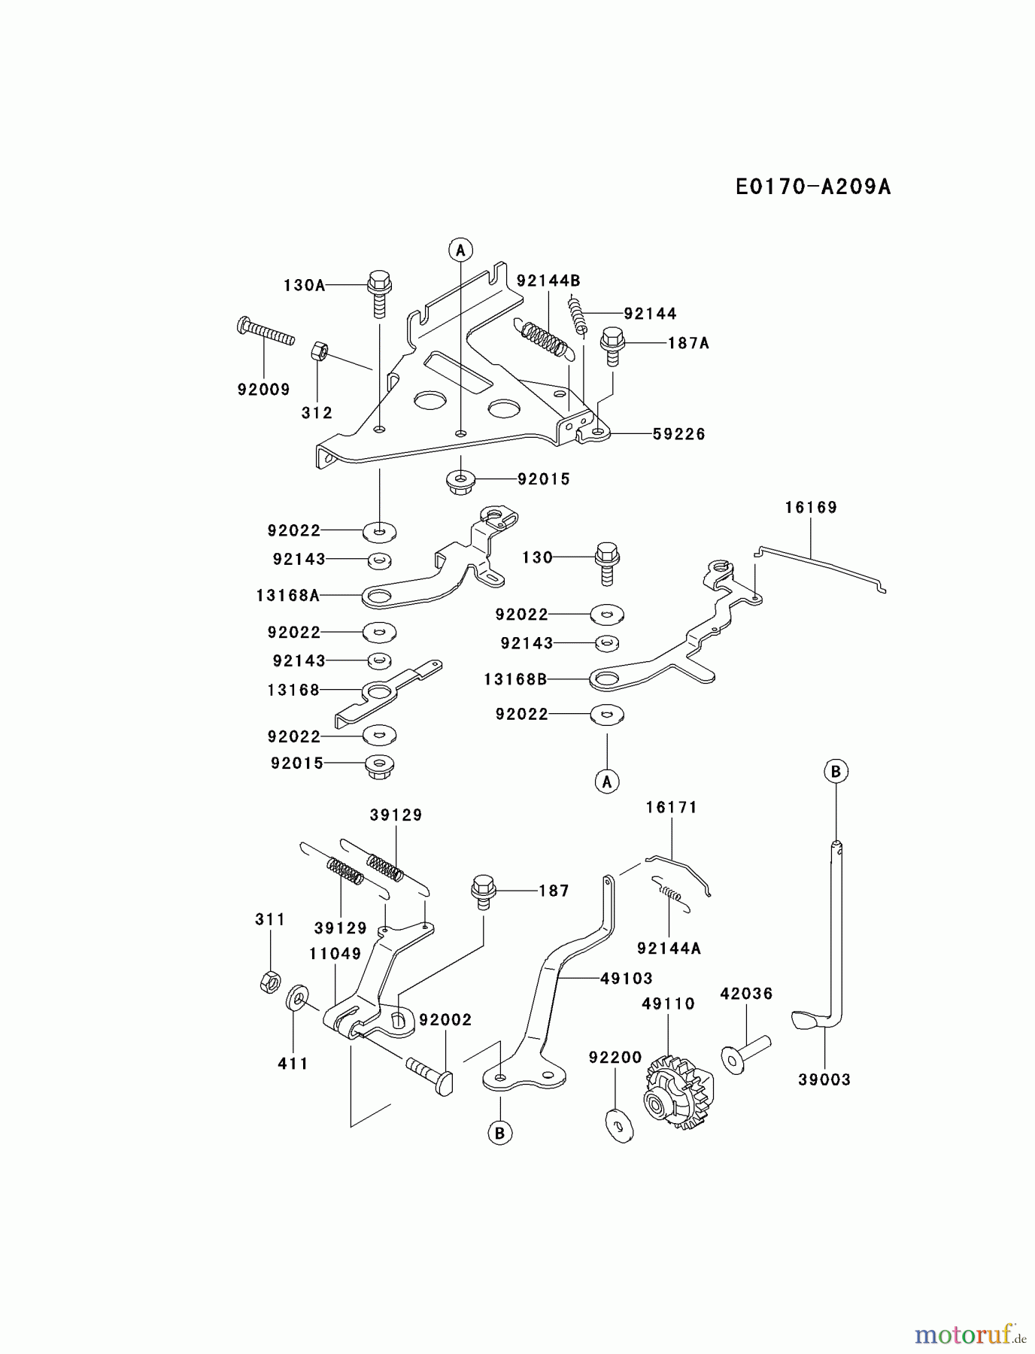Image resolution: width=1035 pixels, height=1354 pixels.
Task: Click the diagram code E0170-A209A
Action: coord(813,187)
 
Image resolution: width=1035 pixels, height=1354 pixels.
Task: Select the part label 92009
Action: coord(263,389)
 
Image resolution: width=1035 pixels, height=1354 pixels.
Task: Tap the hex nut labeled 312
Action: coord(318,351)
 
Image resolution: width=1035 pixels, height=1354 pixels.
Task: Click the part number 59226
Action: coord(678,434)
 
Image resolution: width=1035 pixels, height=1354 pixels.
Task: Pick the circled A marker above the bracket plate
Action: coord(460,249)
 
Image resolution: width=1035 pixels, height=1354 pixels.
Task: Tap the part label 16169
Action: coord(811,508)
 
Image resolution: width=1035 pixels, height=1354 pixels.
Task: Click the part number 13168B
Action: coord(514,679)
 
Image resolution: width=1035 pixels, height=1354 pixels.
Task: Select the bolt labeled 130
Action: coord(607,563)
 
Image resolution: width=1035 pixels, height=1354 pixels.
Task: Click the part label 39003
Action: coord(824,1079)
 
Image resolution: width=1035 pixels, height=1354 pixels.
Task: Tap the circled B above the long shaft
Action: coord(836,771)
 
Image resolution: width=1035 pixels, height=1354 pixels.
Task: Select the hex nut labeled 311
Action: coord(270,982)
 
